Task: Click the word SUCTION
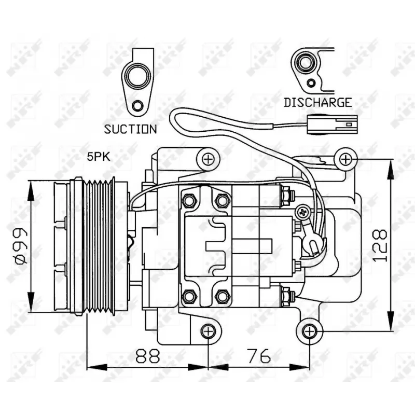130,129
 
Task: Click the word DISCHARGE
317,102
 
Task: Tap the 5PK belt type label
98,156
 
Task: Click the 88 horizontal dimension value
147,356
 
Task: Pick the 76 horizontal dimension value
258,356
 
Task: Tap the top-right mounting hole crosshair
345,158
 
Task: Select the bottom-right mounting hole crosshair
310,330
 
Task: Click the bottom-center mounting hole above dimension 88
208,330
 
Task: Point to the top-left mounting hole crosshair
208,159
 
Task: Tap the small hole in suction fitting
137,107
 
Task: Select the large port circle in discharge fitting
305,63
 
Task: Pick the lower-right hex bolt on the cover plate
223,296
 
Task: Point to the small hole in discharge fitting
311,84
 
